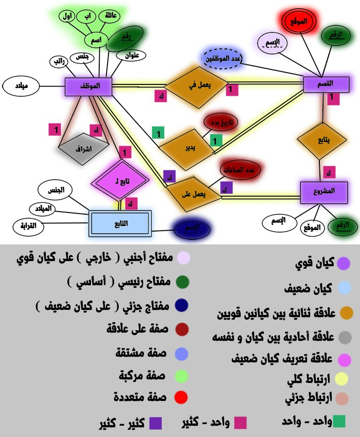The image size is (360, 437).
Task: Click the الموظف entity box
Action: [x=89, y=85]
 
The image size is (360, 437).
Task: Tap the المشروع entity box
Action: [x=324, y=191]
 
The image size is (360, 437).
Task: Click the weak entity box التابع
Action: [x=120, y=223]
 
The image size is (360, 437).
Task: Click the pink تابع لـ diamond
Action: [x=122, y=181]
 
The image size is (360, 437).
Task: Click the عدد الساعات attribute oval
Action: [x=241, y=170]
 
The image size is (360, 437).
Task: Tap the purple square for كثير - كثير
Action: [x=155, y=423]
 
